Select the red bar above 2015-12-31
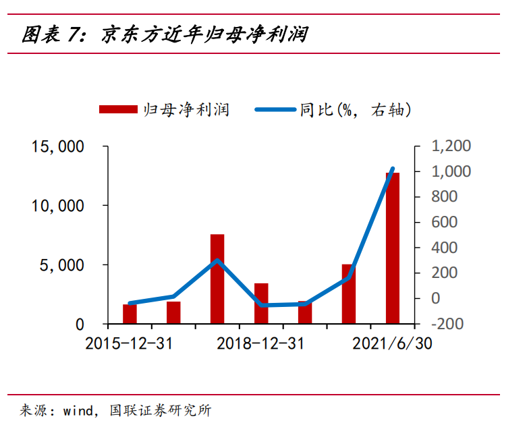tap(130, 314)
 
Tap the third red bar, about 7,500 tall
tap(217, 279)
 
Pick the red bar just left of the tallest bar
tap(348, 294)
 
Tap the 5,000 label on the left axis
tap(61, 265)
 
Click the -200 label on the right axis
tap(448, 324)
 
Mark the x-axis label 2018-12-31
tap(260, 344)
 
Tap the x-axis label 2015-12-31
tap(129, 344)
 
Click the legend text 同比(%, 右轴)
tap(355, 109)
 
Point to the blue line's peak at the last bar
tap(393, 169)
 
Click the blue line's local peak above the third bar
tap(217, 260)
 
